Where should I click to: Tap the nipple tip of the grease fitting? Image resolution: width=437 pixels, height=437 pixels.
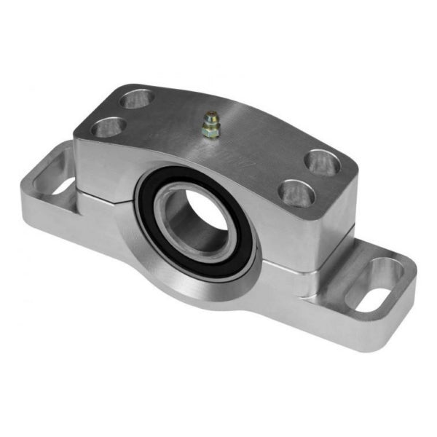point(210,115)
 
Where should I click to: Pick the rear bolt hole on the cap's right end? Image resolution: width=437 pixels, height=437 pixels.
point(320,161)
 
